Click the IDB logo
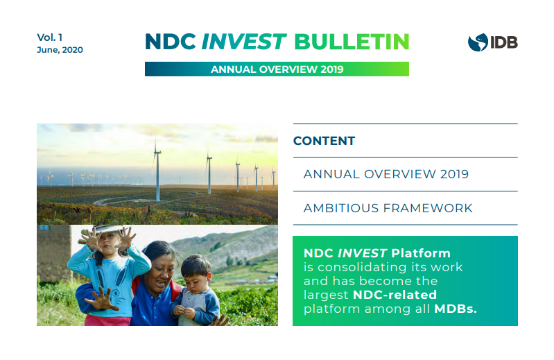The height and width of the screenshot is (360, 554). coord(492,42)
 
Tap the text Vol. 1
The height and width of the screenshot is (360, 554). coord(49,37)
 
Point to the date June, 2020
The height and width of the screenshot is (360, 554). coord(60,50)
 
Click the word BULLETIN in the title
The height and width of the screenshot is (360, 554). coord(352,42)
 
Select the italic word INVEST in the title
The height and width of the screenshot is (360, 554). coord(243,42)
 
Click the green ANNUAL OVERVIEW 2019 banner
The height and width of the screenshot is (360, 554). coord(277,69)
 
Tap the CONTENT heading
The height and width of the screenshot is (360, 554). coord(324,141)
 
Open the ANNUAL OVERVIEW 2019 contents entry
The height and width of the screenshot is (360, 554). coord(386,174)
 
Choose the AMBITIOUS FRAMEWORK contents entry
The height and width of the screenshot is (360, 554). coord(388,208)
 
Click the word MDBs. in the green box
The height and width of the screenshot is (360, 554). coord(456,309)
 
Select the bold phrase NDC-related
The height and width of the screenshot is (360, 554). coord(395,295)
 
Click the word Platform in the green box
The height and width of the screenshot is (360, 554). coord(421,253)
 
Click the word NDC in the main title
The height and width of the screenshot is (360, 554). coord(171,42)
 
